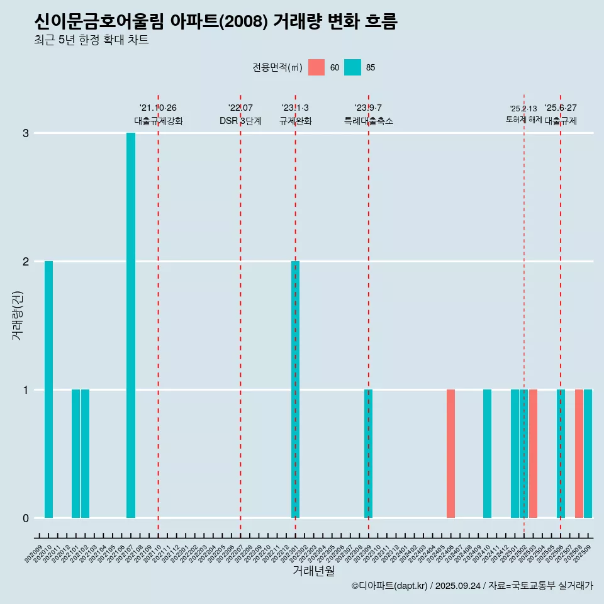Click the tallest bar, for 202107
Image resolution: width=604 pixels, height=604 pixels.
[x=131, y=325]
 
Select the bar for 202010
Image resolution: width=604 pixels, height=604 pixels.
[x=48, y=389]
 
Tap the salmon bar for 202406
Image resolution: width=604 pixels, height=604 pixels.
[x=450, y=454]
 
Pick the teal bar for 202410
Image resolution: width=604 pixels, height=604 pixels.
[x=487, y=454]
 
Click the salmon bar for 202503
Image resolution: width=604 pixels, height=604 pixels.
[x=533, y=454]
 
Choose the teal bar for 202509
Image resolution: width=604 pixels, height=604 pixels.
[x=588, y=454]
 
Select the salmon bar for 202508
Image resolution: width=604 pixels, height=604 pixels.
[x=579, y=454]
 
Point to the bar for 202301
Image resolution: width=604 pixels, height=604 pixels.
[x=295, y=389]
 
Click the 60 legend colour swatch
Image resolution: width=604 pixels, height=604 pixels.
[x=316, y=67]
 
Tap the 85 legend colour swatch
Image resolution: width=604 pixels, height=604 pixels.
[x=353, y=67]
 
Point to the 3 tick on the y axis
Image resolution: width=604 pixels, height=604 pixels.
[x=26, y=133]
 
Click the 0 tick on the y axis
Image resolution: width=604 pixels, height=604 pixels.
[x=26, y=518]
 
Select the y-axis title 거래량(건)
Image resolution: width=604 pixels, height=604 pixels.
[x=18, y=315]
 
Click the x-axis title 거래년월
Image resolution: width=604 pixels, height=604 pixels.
[x=313, y=571]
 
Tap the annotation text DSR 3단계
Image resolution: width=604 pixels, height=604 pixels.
[x=240, y=121]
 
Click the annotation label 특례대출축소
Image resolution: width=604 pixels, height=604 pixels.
[x=369, y=121]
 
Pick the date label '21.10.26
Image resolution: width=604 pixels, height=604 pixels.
[x=158, y=108]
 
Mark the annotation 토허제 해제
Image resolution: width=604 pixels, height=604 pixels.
[x=523, y=120]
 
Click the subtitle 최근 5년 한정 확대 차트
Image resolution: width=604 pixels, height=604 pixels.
[x=92, y=40]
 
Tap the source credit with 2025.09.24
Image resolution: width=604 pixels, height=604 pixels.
[x=473, y=586]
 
